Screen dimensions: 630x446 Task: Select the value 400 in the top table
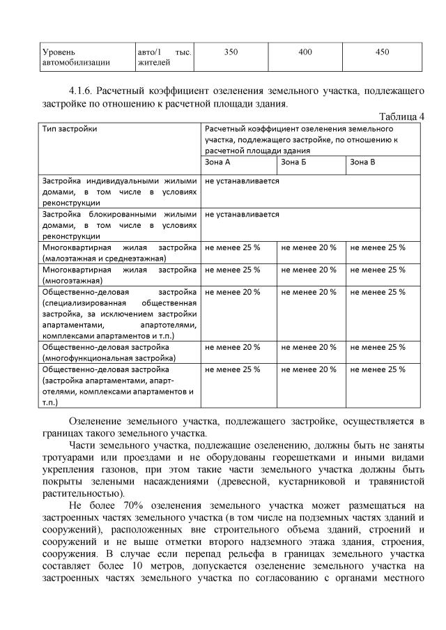(305, 52)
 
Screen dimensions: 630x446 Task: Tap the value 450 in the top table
(382, 52)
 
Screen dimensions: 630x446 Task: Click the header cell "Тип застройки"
(70, 129)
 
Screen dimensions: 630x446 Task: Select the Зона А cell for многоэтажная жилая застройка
(232, 270)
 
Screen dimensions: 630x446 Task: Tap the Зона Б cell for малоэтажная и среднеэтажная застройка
(308, 247)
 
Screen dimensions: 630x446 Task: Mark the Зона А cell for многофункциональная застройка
(232, 346)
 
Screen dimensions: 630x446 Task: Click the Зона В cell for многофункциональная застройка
(377, 346)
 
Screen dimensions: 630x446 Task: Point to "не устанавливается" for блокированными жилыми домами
(242, 215)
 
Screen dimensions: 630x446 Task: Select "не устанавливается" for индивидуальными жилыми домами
(242, 180)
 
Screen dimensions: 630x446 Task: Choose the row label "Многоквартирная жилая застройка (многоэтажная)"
(119, 275)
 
